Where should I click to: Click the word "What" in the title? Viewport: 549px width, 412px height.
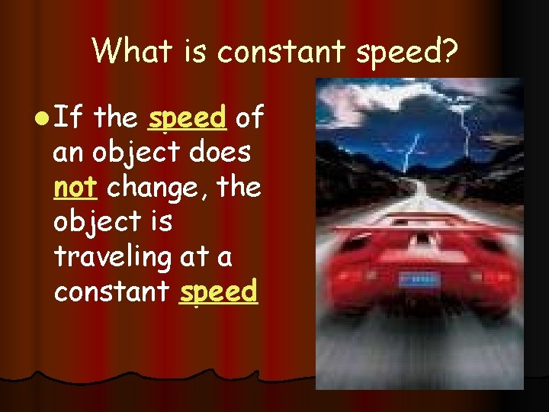tap(125, 51)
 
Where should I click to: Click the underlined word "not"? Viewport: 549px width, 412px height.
tap(73, 187)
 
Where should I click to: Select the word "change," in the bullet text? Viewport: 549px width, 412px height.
tap(158, 188)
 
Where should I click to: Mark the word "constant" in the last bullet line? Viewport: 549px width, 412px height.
tap(112, 291)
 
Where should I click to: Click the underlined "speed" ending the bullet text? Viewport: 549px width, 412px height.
tap(218, 293)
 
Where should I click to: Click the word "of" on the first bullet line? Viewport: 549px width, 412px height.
tap(250, 117)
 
